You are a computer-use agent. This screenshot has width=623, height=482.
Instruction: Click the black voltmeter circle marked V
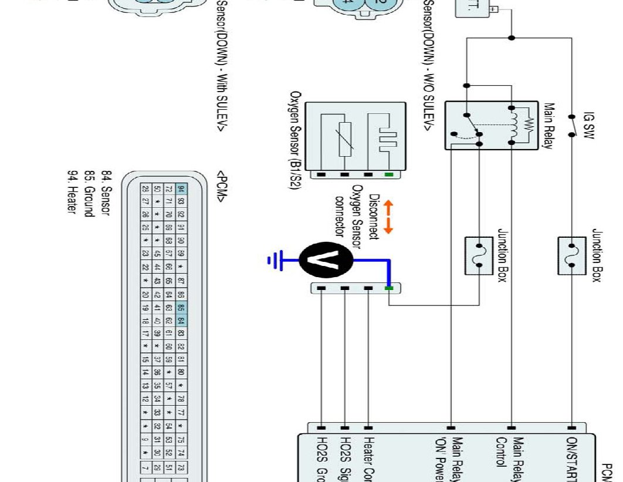tap(326, 258)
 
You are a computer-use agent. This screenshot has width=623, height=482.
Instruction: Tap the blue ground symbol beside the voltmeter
tap(276, 259)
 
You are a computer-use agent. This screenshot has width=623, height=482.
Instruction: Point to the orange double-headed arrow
tap(388, 218)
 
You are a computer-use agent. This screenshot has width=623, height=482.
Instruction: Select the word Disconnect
tap(374, 218)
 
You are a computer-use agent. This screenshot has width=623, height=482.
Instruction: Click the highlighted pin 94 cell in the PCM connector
tap(181, 189)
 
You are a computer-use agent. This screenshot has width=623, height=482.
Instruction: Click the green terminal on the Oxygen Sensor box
tap(388, 174)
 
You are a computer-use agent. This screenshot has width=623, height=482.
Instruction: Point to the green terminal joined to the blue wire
tap(388, 288)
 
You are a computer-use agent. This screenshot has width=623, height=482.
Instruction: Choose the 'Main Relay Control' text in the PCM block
tap(510, 452)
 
